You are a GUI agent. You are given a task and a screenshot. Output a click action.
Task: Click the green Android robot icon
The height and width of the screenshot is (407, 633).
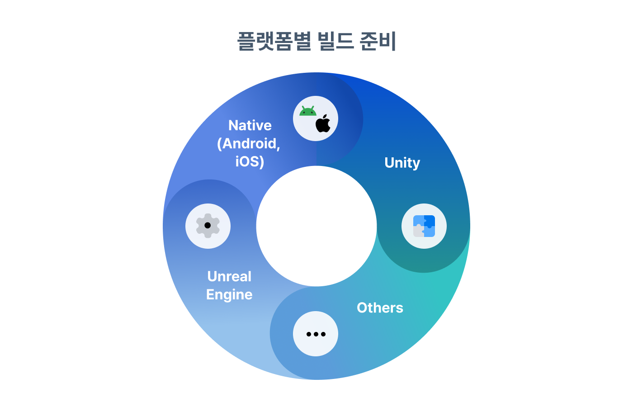308,111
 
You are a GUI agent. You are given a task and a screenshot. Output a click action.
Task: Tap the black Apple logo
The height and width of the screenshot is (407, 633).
323,123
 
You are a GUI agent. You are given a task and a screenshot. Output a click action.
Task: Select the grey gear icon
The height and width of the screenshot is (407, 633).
208,225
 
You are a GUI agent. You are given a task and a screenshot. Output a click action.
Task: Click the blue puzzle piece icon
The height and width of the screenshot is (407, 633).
424,226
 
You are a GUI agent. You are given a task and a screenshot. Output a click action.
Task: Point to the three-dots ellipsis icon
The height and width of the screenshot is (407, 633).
316,334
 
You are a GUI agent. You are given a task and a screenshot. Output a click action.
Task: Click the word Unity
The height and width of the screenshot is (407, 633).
402,163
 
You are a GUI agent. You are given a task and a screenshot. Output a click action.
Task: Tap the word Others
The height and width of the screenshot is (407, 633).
380,308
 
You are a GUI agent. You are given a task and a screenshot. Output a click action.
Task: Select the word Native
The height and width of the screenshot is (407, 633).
250,125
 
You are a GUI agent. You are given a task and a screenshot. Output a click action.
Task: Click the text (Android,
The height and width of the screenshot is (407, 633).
249,144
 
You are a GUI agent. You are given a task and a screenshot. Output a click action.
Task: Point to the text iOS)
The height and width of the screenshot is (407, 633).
250,161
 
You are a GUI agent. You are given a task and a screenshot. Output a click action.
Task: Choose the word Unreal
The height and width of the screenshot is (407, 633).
229,276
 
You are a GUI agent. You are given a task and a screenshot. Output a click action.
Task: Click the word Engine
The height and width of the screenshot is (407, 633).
229,295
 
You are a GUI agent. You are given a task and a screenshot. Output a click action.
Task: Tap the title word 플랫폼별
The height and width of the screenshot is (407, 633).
274,41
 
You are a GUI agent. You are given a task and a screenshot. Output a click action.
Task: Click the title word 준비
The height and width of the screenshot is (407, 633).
378,41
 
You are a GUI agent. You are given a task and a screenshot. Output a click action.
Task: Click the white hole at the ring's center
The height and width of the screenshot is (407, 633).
316,226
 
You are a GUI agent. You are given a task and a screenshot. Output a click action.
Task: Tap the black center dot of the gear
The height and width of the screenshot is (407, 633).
208,225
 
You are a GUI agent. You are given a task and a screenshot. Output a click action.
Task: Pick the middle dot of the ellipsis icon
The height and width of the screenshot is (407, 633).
316,334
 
